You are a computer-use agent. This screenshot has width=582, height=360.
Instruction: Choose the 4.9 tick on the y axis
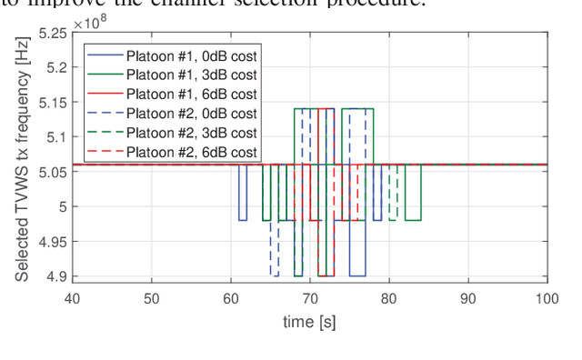pyautogui.click(x=56, y=276)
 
